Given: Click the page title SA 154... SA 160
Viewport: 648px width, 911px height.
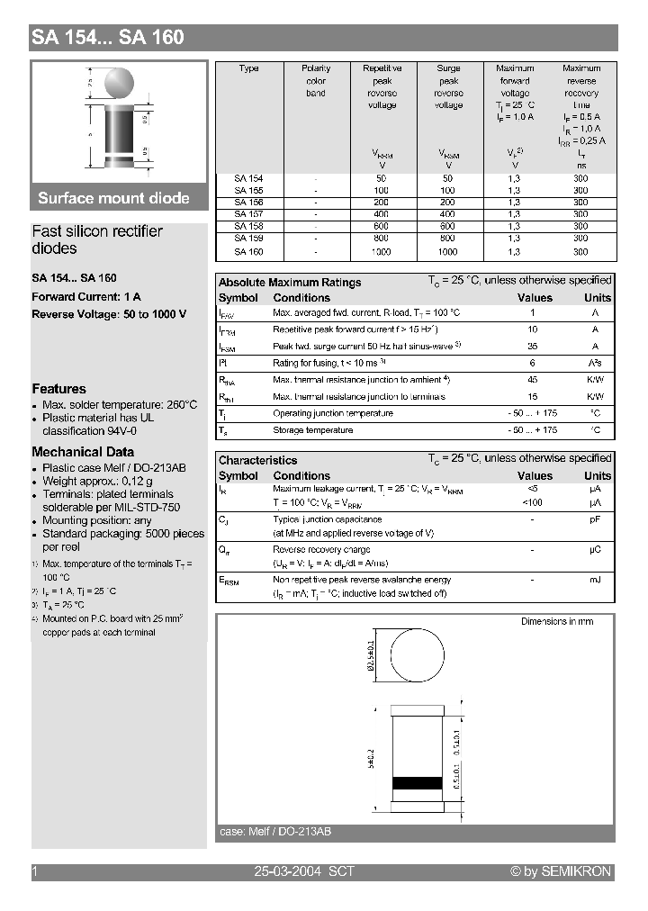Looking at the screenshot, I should click(108, 37).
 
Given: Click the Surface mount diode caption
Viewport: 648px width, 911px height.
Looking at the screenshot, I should click(113, 198).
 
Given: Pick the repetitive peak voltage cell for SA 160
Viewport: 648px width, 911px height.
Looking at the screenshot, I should click(382, 252).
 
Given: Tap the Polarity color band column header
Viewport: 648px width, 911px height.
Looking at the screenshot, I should click(316, 80).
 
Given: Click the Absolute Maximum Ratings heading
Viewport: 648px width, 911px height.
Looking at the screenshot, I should click(290, 282).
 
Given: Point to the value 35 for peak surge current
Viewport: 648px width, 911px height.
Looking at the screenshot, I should click(532, 347).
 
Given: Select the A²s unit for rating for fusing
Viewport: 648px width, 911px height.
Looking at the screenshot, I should click(595, 363).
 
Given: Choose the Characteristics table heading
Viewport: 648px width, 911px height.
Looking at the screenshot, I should click(257, 460).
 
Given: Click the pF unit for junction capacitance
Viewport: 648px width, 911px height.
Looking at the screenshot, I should click(595, 519).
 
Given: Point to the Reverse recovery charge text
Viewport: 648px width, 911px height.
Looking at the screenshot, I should click(321, 549).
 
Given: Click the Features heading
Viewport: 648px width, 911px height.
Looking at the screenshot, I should click(58, 389).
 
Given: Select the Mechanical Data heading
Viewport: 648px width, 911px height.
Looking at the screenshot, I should click(83, 452).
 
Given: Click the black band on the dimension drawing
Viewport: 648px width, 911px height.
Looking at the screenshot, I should click(419, 781).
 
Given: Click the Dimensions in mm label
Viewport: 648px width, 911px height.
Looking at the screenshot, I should click(556, 621).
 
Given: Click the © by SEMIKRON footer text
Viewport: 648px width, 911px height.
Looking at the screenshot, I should click(560, 871).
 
